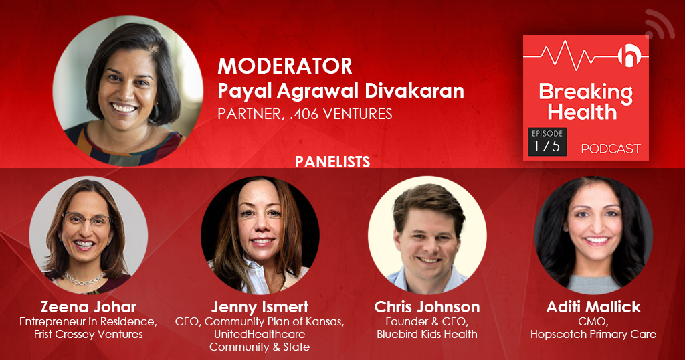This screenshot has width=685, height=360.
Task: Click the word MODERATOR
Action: click(x=285, y=66)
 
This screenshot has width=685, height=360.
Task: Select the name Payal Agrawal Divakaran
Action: click(x=340, y=91)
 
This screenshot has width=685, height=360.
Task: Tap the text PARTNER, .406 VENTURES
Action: click(x=305, y=114)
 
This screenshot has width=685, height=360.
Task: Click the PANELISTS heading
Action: click(x=332, y=162)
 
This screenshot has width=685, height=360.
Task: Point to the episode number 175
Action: click(x=547, y=146)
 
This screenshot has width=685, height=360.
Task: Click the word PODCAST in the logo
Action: click(x=611, y=149)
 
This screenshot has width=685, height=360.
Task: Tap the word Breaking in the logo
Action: click(x=585, y=93)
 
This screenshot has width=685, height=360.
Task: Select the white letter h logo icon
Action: click(x=629, y=56)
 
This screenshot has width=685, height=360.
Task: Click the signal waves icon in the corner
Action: click(x=660, y=25)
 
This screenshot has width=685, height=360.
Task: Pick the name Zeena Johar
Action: click(x=88, y=307)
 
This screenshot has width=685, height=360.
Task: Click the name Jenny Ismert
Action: click(x=260, y=307)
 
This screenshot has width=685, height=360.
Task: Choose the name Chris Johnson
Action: click(x=427, y=307)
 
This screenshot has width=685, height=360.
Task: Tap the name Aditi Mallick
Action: click(x=593, y=307)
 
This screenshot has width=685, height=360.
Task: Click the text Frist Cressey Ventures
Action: click(x=88, y=334)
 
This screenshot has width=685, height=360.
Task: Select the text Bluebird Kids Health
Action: click(x=427, y=334)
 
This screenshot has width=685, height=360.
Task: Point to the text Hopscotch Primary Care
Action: click(x=593, y=334)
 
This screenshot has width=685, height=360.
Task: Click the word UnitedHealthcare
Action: click(x=260, y=334)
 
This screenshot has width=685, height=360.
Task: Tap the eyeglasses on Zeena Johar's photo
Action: click(x=87, y=218)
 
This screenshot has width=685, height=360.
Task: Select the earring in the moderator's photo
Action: click(x=155, y=111)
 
